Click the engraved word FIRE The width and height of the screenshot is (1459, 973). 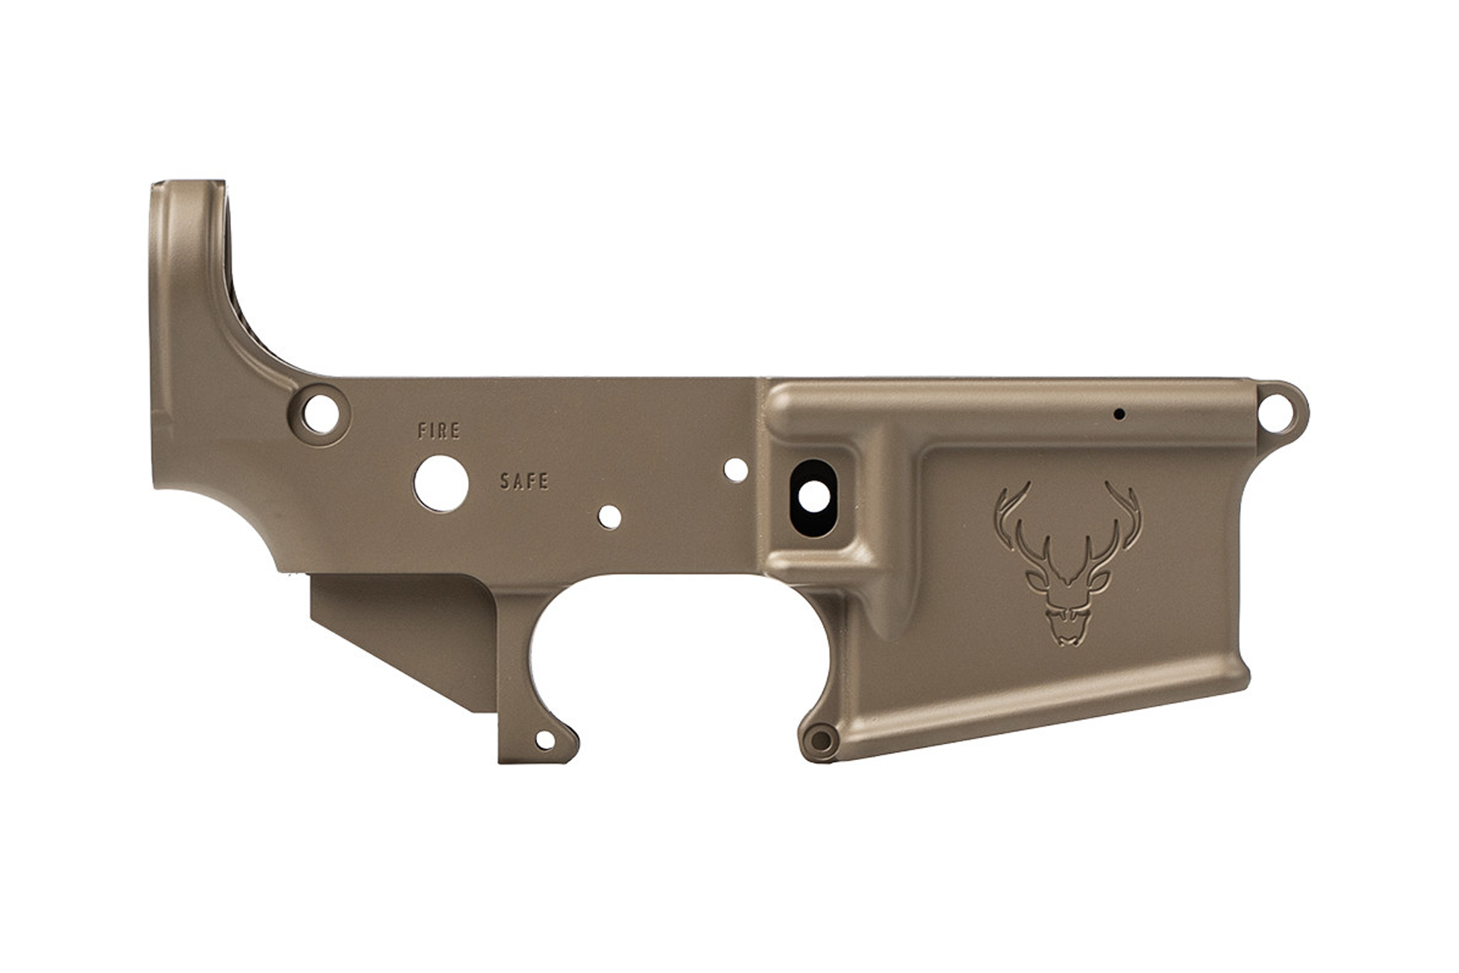(439, 431)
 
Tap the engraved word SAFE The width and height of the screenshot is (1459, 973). (524, 481)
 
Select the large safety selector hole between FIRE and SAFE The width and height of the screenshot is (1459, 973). (441, 483)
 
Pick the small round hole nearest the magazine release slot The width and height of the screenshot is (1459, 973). (736, 470)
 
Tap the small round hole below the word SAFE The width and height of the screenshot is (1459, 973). (609, 517)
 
